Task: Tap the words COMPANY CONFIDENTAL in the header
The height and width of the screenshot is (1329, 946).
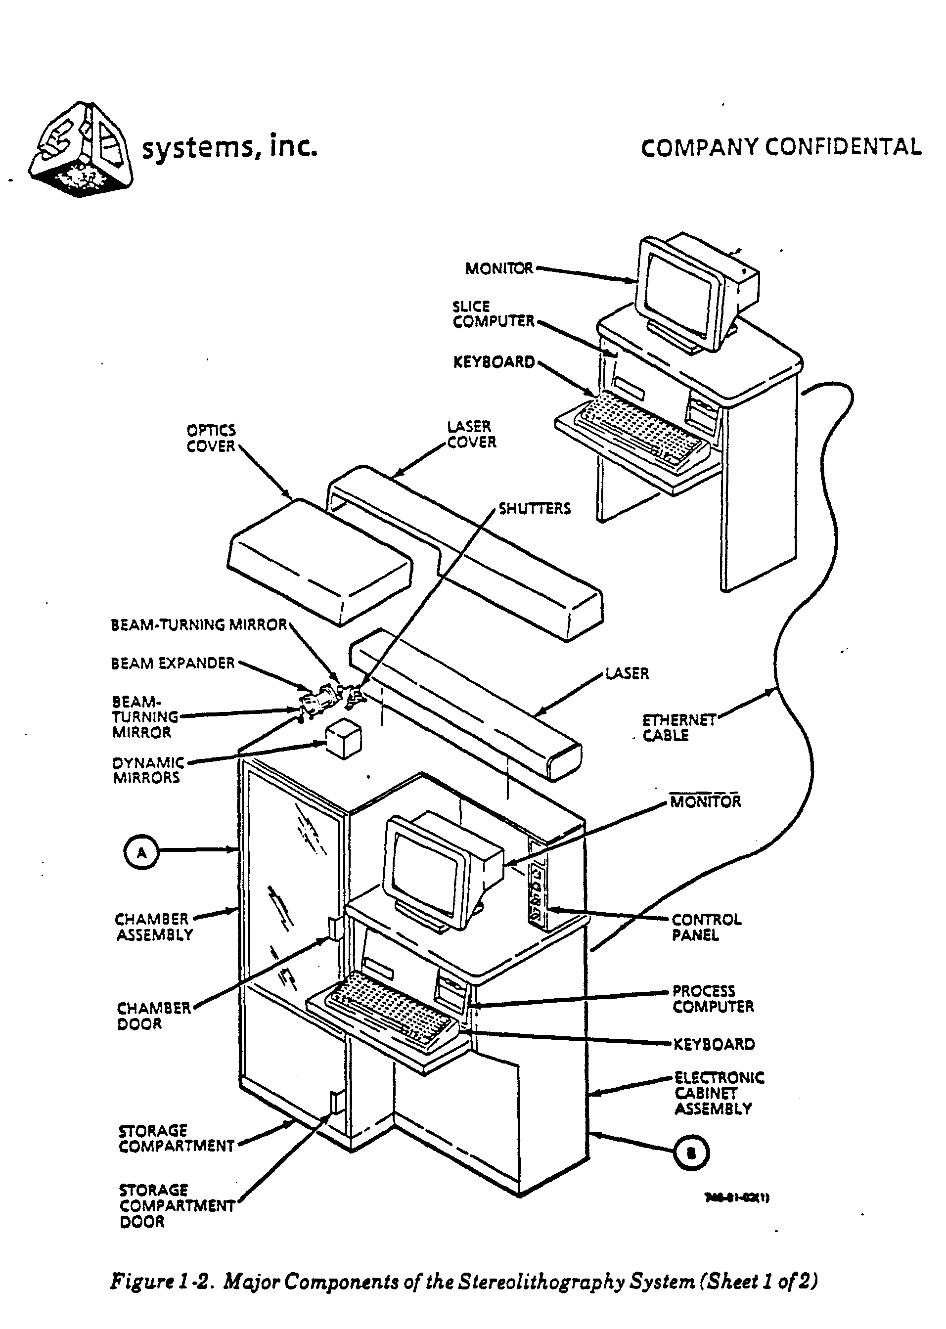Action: pos(780,147)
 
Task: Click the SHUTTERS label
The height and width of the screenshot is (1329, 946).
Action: pos(534,509)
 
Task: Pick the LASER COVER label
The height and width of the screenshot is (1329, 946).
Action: pos(471,435)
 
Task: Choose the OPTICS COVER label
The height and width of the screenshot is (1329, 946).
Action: pos(211,439)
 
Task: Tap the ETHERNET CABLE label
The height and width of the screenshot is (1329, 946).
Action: pos(678,728)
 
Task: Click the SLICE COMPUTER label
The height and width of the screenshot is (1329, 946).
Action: pos(493,314)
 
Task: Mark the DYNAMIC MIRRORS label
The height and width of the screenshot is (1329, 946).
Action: pos(148,770)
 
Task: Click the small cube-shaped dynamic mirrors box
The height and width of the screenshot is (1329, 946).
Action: pos(343,739)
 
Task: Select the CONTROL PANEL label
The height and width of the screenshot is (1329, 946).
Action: pos(706,927)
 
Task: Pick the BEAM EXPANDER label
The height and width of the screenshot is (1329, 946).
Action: pos(173,664)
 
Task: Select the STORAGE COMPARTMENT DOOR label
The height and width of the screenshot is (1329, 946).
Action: pos(177,1205)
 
